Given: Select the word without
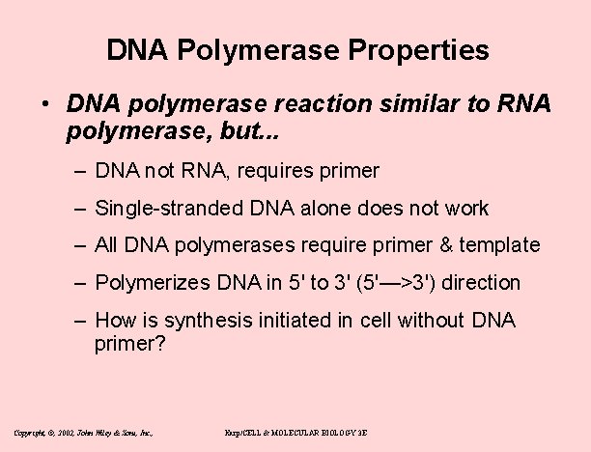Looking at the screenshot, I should [433, 320].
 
